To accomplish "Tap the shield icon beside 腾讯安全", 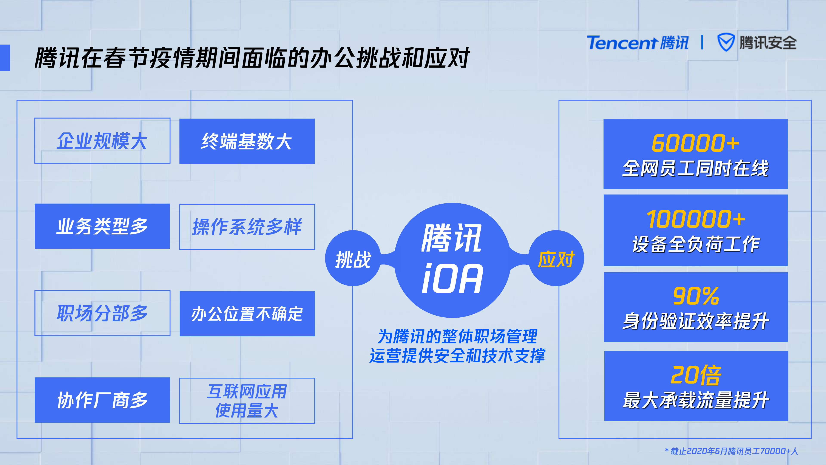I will click(x=725, y=42).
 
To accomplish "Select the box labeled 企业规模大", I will click(x=102, y=141).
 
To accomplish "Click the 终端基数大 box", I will click(x=247, y=141).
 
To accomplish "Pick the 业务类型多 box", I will click(x=102, y=226).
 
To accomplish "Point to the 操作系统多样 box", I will click(x=247, y=227).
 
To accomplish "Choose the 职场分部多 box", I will click(x=102, y=313).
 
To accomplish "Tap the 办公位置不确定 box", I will click(x=247, y=314).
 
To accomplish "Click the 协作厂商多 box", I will click(x=102, y=400).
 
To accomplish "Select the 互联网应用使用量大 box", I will click(x=247, y=400).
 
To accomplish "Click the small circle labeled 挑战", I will click(x=353, y=258).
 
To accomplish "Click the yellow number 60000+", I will click(x=695, y=143).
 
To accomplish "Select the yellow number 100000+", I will click(x=695, y=219).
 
